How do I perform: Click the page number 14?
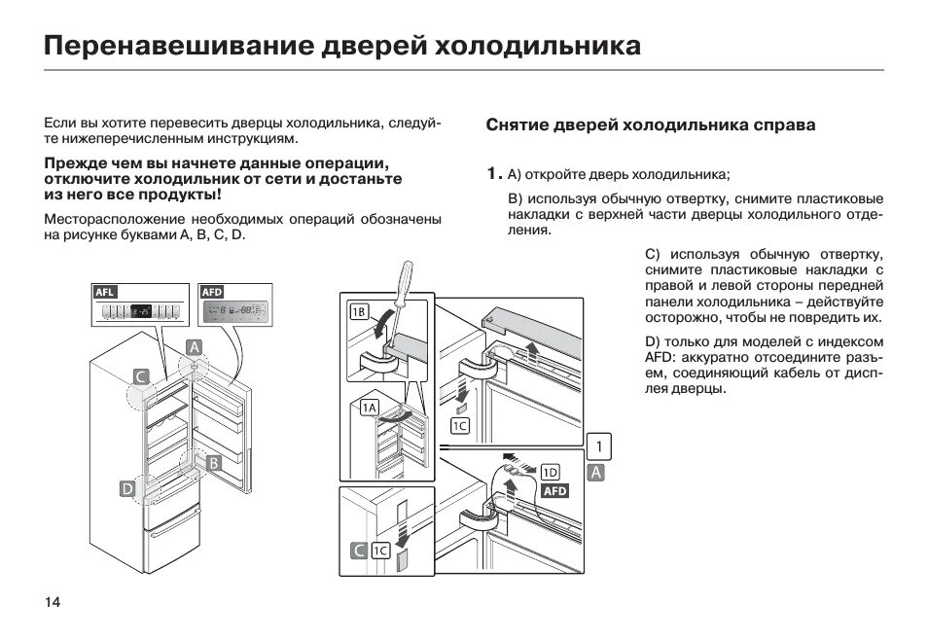click(53, 602)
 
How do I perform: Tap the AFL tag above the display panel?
click(104, 291)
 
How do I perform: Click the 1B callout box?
click(359, 312)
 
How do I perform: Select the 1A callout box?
click(370, 409)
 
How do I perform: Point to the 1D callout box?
click(551, 472)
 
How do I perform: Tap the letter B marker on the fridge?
click(213, 463)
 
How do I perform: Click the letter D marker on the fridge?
click(127, 490)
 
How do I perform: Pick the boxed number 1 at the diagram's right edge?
click(599, 446)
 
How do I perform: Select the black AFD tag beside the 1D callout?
click(553, 491)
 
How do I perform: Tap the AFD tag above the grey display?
click(211, 291)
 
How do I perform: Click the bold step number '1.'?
click(494, 174)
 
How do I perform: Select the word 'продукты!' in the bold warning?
click(191, 194)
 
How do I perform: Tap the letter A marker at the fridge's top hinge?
click(194, 347)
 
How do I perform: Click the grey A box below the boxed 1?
click(597, 473)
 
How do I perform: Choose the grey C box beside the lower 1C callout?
click(359, 552)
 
